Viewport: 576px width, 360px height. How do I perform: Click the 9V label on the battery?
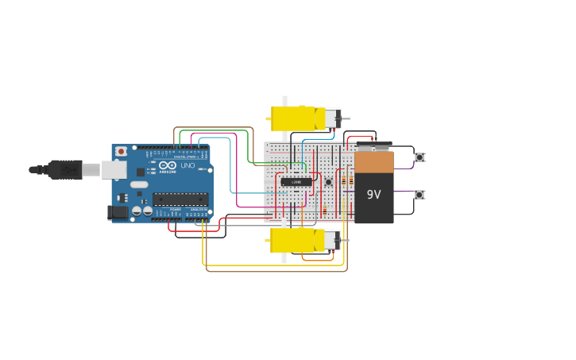tap(373, 193)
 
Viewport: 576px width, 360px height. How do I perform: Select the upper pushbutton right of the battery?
tap(419, 157)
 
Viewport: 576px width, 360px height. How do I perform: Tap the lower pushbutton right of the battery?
tap(419, 195)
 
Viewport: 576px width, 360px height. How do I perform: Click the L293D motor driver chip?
tap(296, 182)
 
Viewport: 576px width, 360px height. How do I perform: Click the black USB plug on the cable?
tap(64, 169)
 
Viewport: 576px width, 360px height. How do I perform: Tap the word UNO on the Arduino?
tap(187, 165)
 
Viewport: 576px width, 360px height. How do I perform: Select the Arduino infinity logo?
tap(168, 165)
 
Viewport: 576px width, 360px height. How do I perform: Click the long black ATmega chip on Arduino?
tap(180, 199)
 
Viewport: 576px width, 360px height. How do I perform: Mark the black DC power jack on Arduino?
tap(118, 212)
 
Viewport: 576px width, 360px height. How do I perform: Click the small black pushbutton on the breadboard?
tap(328, 182)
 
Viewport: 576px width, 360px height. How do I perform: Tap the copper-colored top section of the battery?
tap(373, 161)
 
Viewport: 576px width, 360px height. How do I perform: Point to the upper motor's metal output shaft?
tap(345, 119)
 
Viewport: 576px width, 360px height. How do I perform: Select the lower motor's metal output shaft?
tap(345, 239)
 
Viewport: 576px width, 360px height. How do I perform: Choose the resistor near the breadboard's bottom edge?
tap(324, 210)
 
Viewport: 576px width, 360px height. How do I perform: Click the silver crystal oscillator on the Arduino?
tap(139, 185)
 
